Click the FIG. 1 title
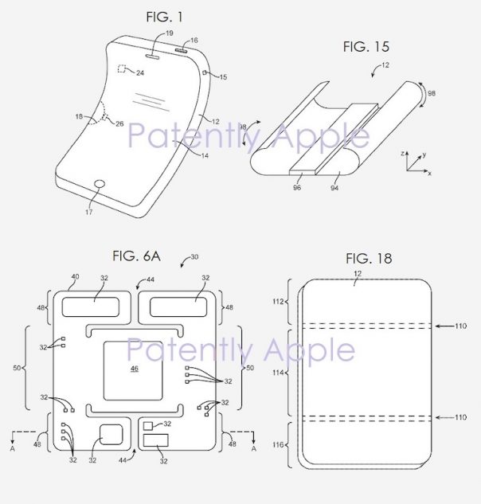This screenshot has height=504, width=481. (165, 17)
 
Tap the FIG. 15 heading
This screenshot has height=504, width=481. (366, 47)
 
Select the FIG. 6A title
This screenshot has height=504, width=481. (136, 256)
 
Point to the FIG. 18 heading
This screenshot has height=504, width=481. (369, 259)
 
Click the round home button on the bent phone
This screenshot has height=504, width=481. (100, 184)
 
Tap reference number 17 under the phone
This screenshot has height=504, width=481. (89, 212)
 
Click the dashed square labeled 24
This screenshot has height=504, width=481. (122, 68)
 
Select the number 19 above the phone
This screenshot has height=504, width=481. (170, 33)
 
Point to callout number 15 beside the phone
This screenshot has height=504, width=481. (223, 77)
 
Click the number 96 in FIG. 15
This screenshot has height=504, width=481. (297, 187)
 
